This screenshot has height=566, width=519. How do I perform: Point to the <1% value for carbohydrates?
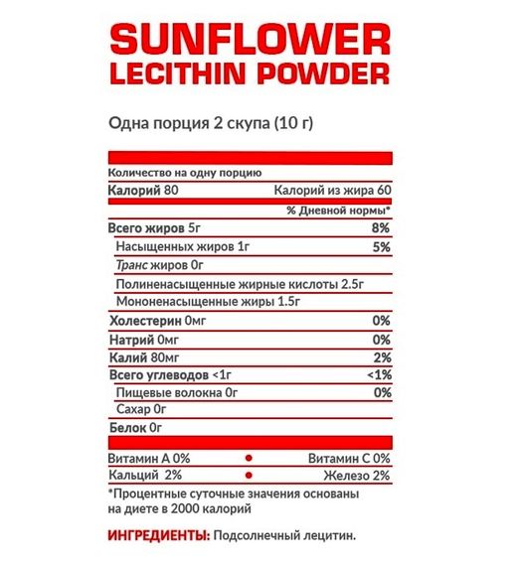click(x=377, y=375)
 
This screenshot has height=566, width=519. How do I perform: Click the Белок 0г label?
click(x=133, y=428)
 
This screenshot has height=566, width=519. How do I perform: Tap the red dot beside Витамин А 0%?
click(x=250, y=458)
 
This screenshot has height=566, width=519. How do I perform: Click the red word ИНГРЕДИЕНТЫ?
click(x=157, y=535)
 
